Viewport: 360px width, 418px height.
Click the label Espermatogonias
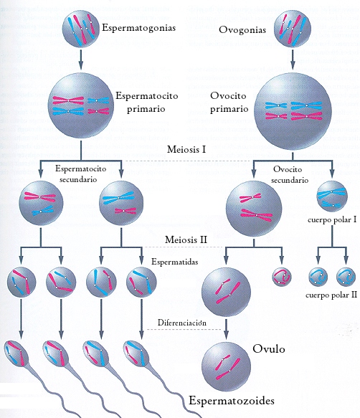[138, 28]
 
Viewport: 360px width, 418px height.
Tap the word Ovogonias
[242, 30]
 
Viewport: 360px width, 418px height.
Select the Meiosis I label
[186, 149]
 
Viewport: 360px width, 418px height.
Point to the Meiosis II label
[186, 239]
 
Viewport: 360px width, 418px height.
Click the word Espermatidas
[175, 262]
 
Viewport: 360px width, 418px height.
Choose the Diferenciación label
[182, 323]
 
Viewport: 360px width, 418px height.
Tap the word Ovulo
[268, 348]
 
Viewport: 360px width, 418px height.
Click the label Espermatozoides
[232, 401]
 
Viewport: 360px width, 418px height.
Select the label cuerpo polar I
[332, 220]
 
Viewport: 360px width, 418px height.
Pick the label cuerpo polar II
[331, 295]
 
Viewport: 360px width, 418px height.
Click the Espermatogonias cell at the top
[81, 29]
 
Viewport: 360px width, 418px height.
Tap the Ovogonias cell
[293, 29]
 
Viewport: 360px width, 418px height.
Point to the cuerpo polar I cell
[332, 196]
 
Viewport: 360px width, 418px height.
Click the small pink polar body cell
[282, 277]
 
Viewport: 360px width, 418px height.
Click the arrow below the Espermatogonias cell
[81, 57]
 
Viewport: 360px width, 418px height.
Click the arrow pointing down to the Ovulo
[226, 328]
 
